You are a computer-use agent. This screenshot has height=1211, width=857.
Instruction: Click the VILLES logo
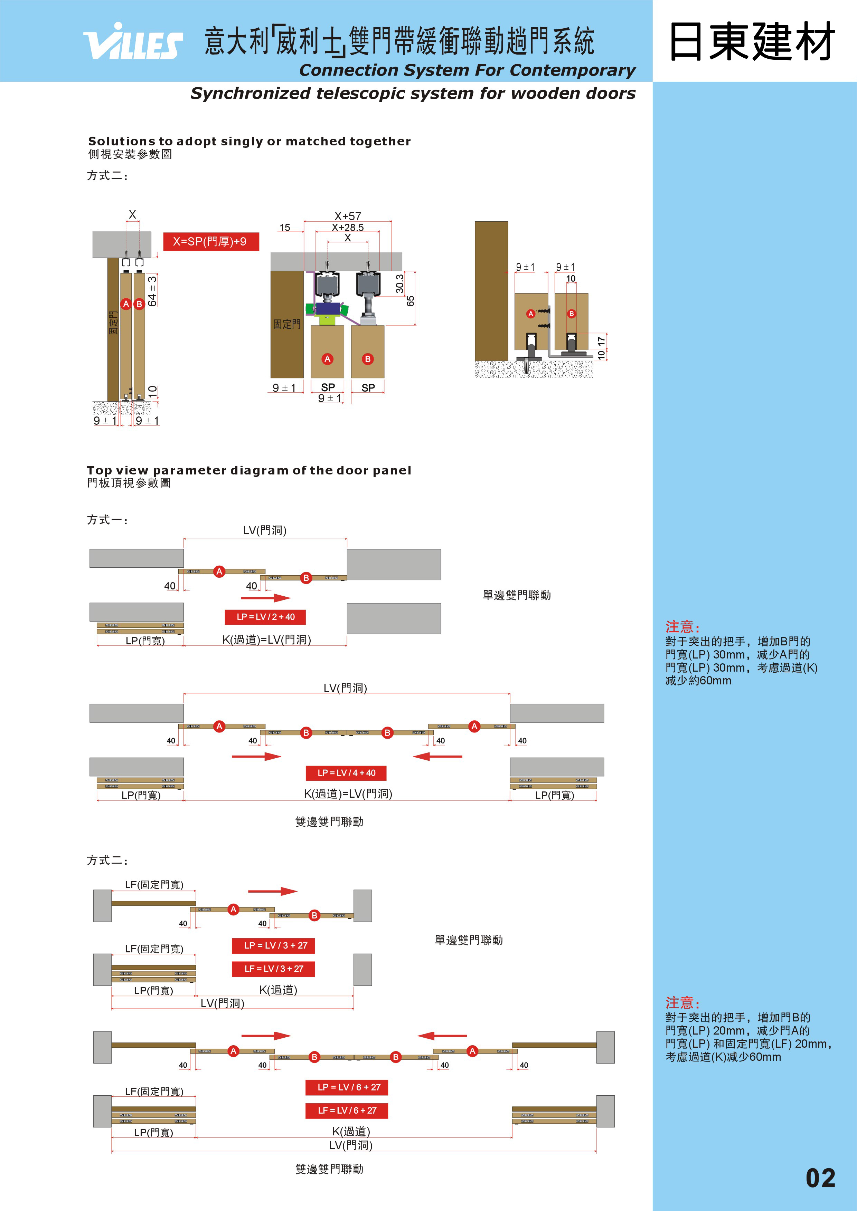click(x=133, y=42)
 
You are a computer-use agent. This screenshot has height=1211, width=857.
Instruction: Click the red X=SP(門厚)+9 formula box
click(x=210, y=242)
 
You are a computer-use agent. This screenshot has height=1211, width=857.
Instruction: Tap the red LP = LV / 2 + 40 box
click(x=265, y=617)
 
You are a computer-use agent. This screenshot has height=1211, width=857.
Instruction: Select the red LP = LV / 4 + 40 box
click(x=346, y=773)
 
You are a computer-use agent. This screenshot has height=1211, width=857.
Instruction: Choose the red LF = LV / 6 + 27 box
click(x=347, y=1110)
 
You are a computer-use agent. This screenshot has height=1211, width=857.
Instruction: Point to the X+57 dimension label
click(x=348, y=216)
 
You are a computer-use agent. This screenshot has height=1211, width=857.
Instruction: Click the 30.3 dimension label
click(x=399, y=284)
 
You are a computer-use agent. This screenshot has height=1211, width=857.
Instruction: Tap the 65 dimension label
click(x=411, y=301)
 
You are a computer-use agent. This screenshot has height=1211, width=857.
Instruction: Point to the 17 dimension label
click(x=601, y=341)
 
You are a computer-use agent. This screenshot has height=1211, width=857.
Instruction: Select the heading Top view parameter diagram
click(x=248, y=470)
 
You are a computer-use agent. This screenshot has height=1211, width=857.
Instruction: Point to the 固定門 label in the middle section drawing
click(x=286, y=324)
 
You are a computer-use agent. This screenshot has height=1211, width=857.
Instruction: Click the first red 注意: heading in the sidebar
click(x=682, y=627)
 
